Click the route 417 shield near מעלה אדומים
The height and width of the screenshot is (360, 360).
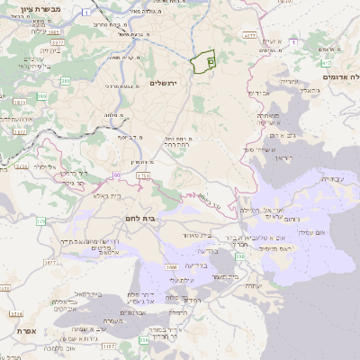coord(325,64)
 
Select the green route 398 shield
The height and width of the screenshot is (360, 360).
coord(241,257)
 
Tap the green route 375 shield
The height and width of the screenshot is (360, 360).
coord(40,220)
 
